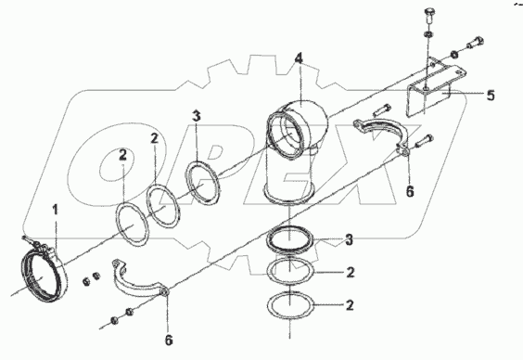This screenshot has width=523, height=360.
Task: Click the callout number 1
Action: (56, 210)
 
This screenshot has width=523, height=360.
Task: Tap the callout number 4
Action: (299, 58)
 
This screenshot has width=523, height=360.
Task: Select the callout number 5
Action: (491, 96)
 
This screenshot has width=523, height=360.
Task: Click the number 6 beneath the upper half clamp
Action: (410, 191)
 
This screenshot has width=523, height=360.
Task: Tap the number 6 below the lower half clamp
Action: (169, 340)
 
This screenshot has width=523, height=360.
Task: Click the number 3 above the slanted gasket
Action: (197, 116)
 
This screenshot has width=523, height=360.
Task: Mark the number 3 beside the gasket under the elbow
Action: (349, 239)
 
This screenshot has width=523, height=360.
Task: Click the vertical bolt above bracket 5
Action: (428, 16)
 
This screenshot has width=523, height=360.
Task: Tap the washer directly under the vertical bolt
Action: (427, 34)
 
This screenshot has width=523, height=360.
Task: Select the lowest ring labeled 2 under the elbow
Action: (290, 305)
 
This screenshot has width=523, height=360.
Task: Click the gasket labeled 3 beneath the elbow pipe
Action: (290, 240)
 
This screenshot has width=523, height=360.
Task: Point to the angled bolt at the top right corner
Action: (474, 43)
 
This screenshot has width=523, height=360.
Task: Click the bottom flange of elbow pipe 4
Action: (288, 197)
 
